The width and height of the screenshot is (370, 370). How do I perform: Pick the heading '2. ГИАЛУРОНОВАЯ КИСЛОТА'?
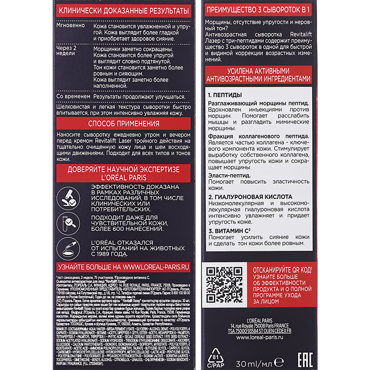point(250,197)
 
